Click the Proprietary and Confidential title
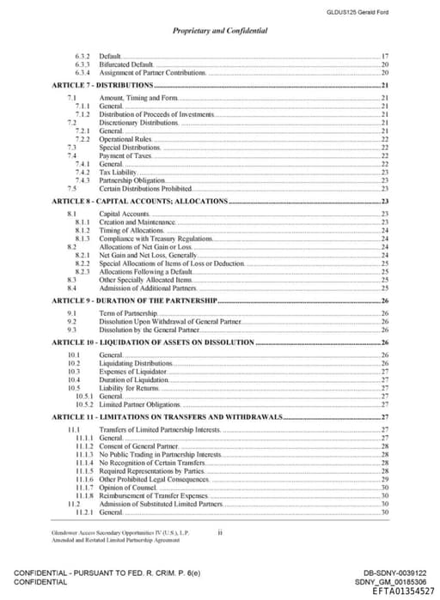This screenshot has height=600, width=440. click(x=220, y=30)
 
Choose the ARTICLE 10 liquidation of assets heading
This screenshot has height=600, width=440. click(x=141, y=342)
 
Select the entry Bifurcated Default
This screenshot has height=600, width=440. click(x=126, y=64)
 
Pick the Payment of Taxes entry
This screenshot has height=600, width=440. click(x=125, y=155)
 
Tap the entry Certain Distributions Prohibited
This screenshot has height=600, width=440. click(x=145, y=188)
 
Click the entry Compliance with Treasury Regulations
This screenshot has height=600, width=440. click(x=156, y=238)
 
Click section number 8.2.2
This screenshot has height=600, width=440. click(x=83, y=263)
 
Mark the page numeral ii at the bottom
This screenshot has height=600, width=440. click(x=220, y=532)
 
